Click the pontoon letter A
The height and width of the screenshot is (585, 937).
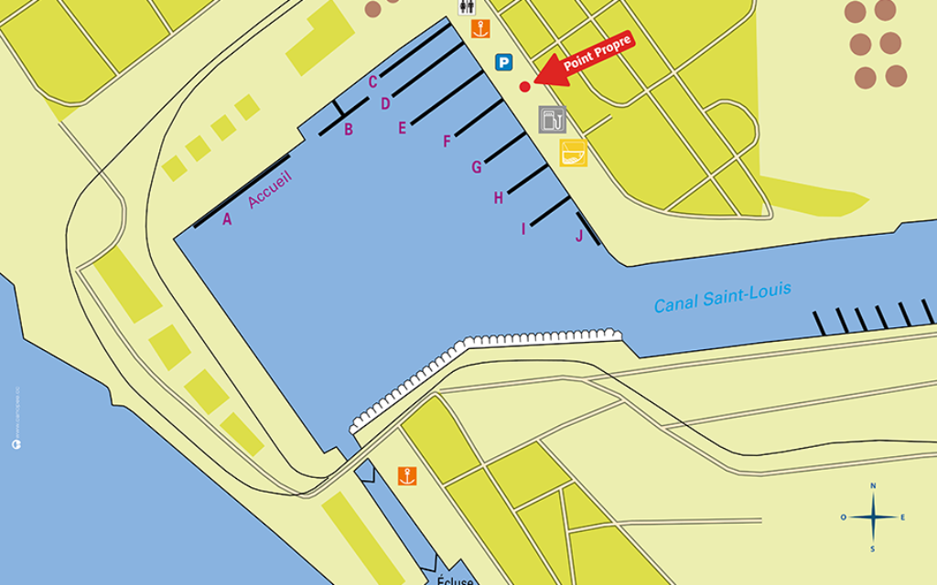coord(227,218)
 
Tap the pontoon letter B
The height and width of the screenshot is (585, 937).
coord(349,130)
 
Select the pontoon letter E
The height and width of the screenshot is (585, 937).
coord(402,128)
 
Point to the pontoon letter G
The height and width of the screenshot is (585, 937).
coord(477,167)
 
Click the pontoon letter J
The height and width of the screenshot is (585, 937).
coord(579,237)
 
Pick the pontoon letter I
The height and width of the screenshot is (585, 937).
coord(523,229)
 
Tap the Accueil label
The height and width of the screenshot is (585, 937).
coord(269,190)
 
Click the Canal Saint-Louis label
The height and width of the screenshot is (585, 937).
coord(722,297)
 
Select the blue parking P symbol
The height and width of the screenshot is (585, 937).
coord(503,62)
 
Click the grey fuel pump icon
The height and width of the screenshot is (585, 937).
coord(552,119)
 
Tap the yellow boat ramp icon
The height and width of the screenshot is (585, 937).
coord(573,153)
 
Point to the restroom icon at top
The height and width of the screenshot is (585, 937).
coord(468,6)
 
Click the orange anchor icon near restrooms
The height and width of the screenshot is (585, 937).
coord(480,29)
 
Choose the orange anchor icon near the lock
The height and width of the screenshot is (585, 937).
coord(407,475)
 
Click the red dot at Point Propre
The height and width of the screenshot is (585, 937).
coord(524,87)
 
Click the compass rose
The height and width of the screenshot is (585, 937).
coord(873,517)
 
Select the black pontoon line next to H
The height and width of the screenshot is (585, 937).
coord(528,178)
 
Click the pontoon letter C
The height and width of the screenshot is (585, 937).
coord(373,81)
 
